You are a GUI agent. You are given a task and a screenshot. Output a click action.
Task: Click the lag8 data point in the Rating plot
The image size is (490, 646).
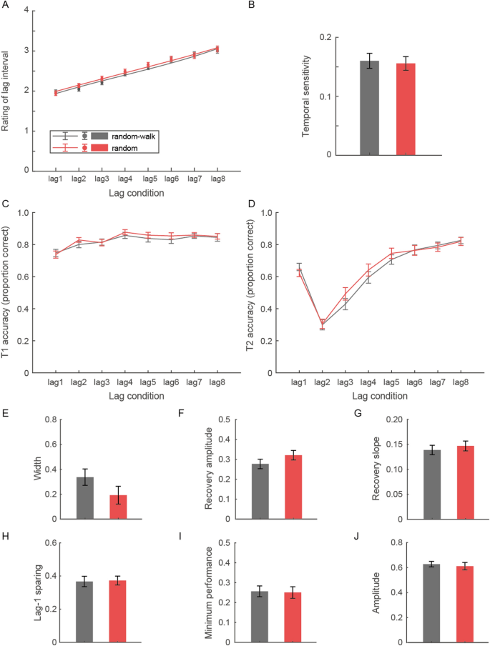[x=217, y=49]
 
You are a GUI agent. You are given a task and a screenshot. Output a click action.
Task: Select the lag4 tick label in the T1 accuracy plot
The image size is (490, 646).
[x=125, y=382]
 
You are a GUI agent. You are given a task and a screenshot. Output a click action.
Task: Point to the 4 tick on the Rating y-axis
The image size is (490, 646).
[x=26, y=11]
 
